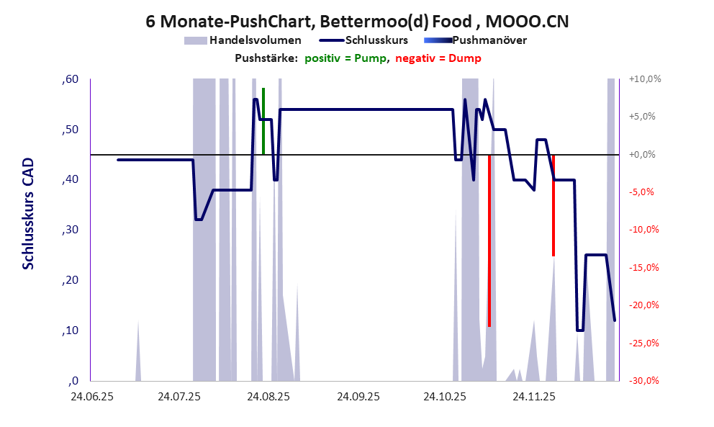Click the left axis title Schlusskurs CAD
click(x=28, y=215)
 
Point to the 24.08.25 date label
click(x=267, y=396)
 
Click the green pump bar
click(x=263, y=121)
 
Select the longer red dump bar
click(x=489, y=241)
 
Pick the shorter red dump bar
click(x=553, y=205)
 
